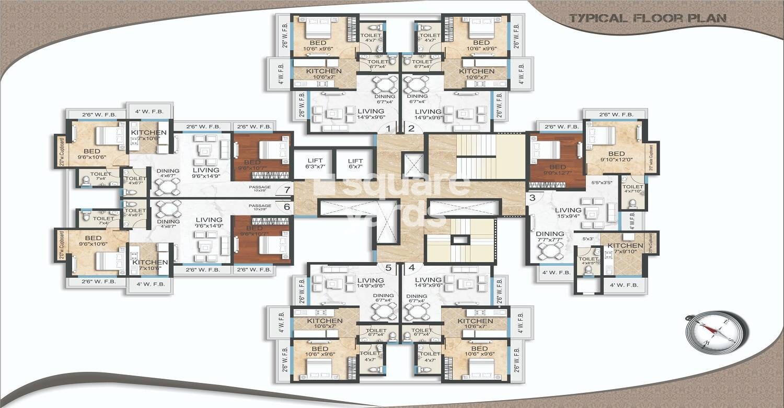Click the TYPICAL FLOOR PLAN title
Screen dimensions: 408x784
pyautogui.click(x=648, y=18)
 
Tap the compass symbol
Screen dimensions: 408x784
pyautogui.click(x=717, y=332)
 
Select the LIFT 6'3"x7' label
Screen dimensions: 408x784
pyautogui.click(x=315, y=164)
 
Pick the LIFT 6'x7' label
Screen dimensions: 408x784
pyautogui.click(x=355, y=164)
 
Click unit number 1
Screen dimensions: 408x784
pyautogui.click(x=388, y=128)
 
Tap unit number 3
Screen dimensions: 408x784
pyautogui.click(x=532, y=198)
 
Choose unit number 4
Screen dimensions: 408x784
pyautogui.click(x=411, y=267)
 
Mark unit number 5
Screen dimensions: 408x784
pyautogui.click(x=388, y=267)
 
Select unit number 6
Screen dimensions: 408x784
pyautogui.click(x=286, y=207)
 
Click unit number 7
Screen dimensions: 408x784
pyautogui.click(x=286, y=190)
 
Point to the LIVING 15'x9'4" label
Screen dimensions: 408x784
pyautogui.click(x=569, y=213)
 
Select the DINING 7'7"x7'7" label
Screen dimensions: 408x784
pyautogui.click(x=549, y=237)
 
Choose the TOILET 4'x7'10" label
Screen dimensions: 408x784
pyautogui.click(x=632, y=189)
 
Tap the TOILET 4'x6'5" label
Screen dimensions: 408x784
pyautogui.click(x=588, y=261)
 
